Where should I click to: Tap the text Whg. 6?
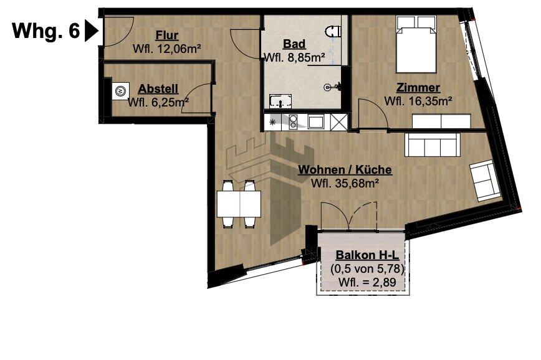pyautogui.click(x=46, y=31)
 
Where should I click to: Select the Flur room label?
pyautogui.click(x=166, y=35)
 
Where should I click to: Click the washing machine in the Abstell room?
pyautogui.click(x=120, y=91)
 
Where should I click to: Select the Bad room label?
pyautogui.click(x=294, y=44)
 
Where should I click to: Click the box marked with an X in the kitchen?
pyautogui.click(x=338, y=122)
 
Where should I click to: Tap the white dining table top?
pyautogui.click(x=239, y=203)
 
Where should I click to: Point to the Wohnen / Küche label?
pyautogui.click(x=345, y=169)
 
